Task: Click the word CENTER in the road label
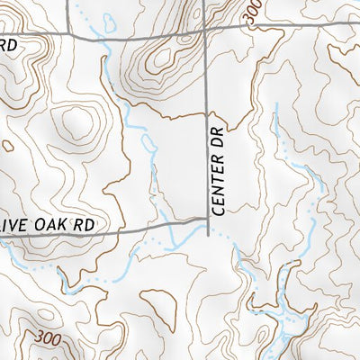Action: click(217, 188)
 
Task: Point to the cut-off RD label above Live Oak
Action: click(9, 45)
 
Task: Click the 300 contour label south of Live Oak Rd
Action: click(51, 337)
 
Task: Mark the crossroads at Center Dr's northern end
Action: click(206, 30)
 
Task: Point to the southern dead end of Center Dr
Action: click(207, 236)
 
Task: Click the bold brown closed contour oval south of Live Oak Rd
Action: click(155, 301)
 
